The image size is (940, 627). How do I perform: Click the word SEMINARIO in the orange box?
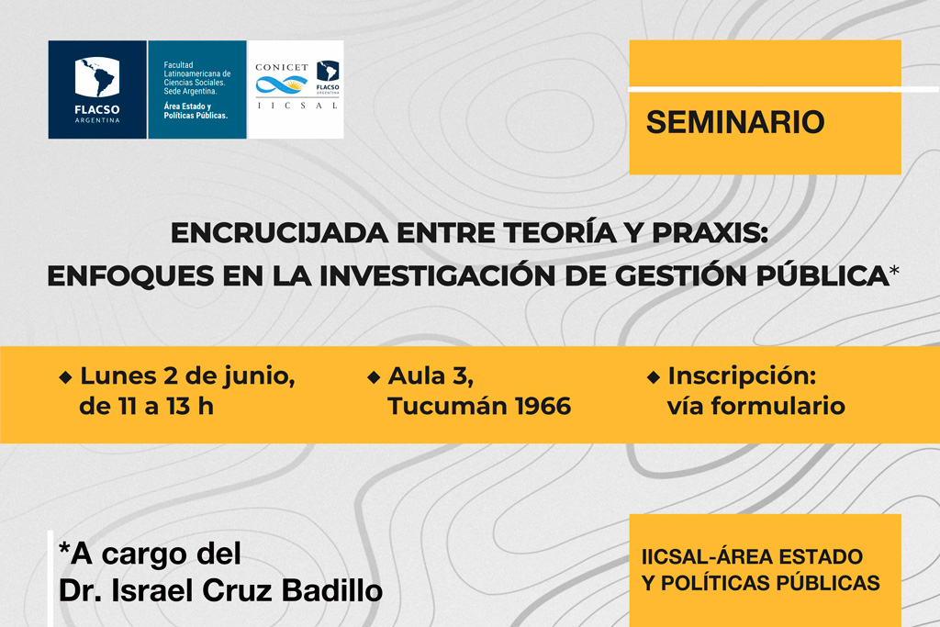point(735,122)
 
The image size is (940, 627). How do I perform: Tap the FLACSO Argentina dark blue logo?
point(97,89)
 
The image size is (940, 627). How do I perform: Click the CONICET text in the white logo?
point(282,67)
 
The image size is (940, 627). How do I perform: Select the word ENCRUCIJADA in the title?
point(279,232)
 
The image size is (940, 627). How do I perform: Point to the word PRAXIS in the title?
point(710,232)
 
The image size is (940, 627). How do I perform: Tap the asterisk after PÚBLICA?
point(894,270)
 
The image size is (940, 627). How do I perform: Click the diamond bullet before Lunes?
point(65,377)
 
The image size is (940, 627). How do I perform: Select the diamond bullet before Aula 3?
point(374,377)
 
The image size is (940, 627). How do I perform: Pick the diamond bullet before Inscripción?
point(654,377)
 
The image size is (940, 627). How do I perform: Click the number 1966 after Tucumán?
point(543,407)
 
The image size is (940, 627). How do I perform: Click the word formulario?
point(778,407)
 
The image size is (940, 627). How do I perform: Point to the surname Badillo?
point(332,590)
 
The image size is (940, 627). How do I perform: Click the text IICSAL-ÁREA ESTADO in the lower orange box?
point(752,557)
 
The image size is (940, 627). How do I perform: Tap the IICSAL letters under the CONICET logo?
point(297,106)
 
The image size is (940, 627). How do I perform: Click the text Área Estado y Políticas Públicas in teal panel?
point(196,111)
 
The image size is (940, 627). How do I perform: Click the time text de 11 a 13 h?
point(146,407)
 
